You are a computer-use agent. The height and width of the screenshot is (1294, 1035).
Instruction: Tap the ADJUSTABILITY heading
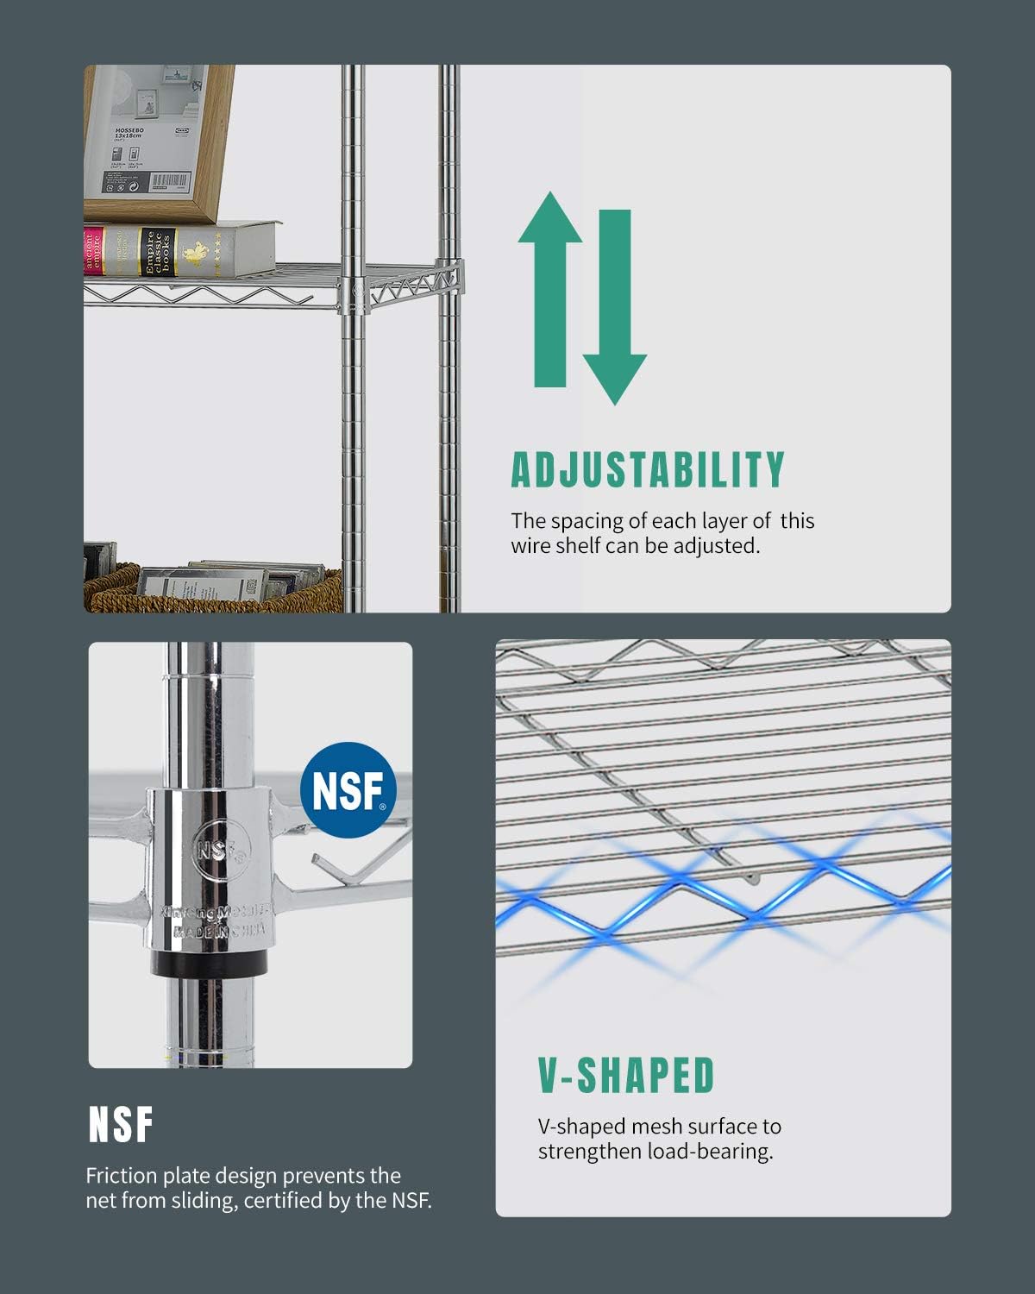pos(647,469)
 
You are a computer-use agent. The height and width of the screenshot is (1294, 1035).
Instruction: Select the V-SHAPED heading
pos(626,1075)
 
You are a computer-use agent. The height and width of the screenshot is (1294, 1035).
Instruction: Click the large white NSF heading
pos(121,1125)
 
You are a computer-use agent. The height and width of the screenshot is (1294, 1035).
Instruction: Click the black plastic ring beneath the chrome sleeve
pos(211,962)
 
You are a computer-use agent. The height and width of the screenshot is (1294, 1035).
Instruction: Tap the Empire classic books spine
pos(159,251)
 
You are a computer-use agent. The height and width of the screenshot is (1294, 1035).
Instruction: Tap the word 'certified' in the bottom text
pos(284,1200)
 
